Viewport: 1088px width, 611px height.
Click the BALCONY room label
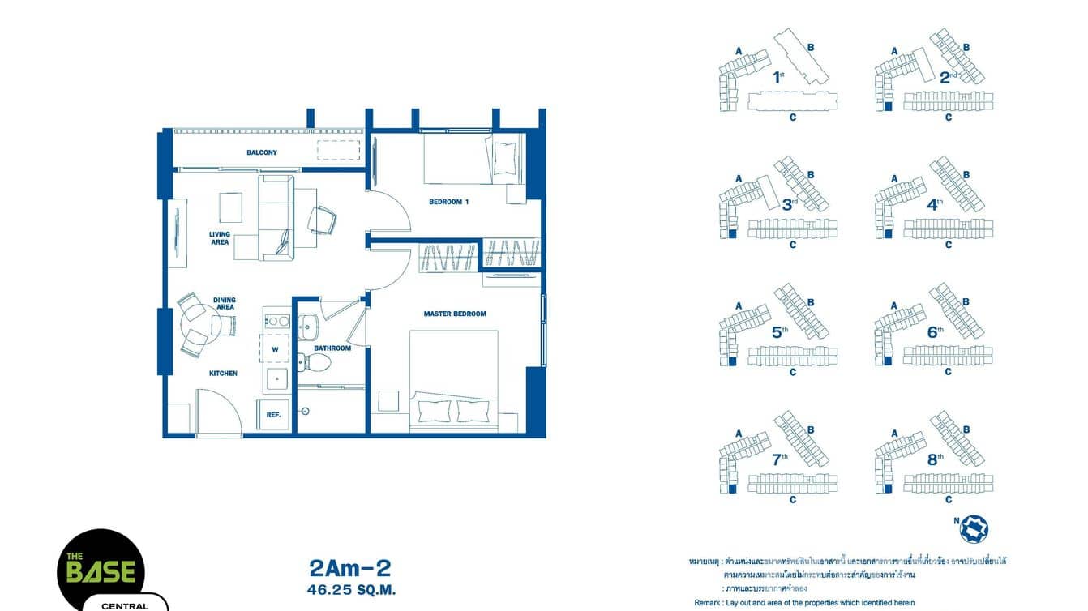click(x=262, y=152)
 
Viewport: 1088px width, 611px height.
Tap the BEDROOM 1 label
click(x=449, y=202)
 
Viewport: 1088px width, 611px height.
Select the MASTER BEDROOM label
click(x=455, y=314)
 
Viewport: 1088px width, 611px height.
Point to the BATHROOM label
click(x=332, y=348)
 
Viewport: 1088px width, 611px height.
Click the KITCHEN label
click(x=223, y=374)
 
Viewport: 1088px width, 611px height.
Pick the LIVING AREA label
click(x=220, y=238)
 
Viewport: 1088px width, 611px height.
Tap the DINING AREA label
click(x=225, y=304)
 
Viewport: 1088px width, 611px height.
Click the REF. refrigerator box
click(x=273, y=414)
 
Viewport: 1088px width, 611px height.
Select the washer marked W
click(x=276, y=350)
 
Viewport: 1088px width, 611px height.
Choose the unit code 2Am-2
click(x=350, y=567)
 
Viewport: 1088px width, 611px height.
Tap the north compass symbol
click(x=974, y=528)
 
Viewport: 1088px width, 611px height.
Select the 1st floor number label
click(x=779, y=78)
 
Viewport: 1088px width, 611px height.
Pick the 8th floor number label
click(x=936, y=459)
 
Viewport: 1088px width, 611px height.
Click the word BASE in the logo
click(x=101, y=570)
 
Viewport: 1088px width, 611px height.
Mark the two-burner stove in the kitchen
click(x=278, y=321)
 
